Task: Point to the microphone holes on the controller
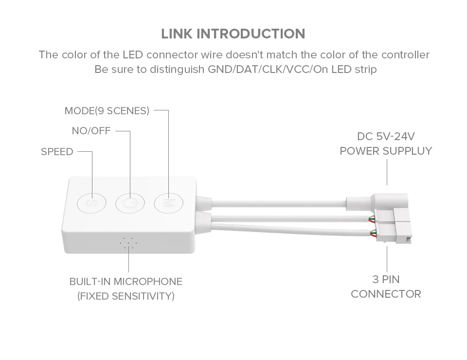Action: tap(128, 244)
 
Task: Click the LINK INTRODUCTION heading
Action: tap(233, 34)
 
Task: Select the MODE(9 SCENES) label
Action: tap(107, 111)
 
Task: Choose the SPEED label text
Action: tap(57, 152)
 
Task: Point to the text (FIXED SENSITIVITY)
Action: tap(126, 296)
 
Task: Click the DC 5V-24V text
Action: tap(386, 136)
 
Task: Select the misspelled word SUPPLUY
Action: tap(407, 151)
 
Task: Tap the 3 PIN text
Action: tap(386, 279)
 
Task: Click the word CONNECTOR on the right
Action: tap(386, 294)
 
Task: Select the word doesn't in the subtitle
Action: tap(255, 54)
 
